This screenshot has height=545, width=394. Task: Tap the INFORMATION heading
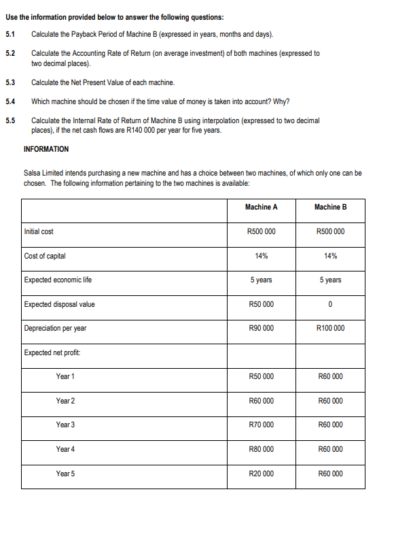click(46, 148)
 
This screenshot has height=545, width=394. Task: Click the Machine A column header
click(262, 207)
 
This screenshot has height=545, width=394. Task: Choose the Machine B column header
click(330, 207)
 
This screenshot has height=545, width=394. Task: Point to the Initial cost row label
click(39, 231)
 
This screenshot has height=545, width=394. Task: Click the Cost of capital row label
click(45, 256)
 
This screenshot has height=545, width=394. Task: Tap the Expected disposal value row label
click(59, 304)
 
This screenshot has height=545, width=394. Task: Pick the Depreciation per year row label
click(55, 328)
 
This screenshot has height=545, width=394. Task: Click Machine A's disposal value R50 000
click(262, 304)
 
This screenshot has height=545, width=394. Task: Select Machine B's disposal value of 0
click(330, 304)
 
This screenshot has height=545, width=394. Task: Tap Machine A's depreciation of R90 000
click(262, 328)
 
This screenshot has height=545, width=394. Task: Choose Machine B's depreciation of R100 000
click(330, 328)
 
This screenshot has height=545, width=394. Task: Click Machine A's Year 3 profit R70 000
click(262, 425)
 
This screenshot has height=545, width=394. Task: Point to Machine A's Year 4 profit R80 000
click(262, 449)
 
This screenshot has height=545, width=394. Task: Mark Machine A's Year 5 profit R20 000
click(262, 474)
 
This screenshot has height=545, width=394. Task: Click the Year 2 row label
click(65, 401)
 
